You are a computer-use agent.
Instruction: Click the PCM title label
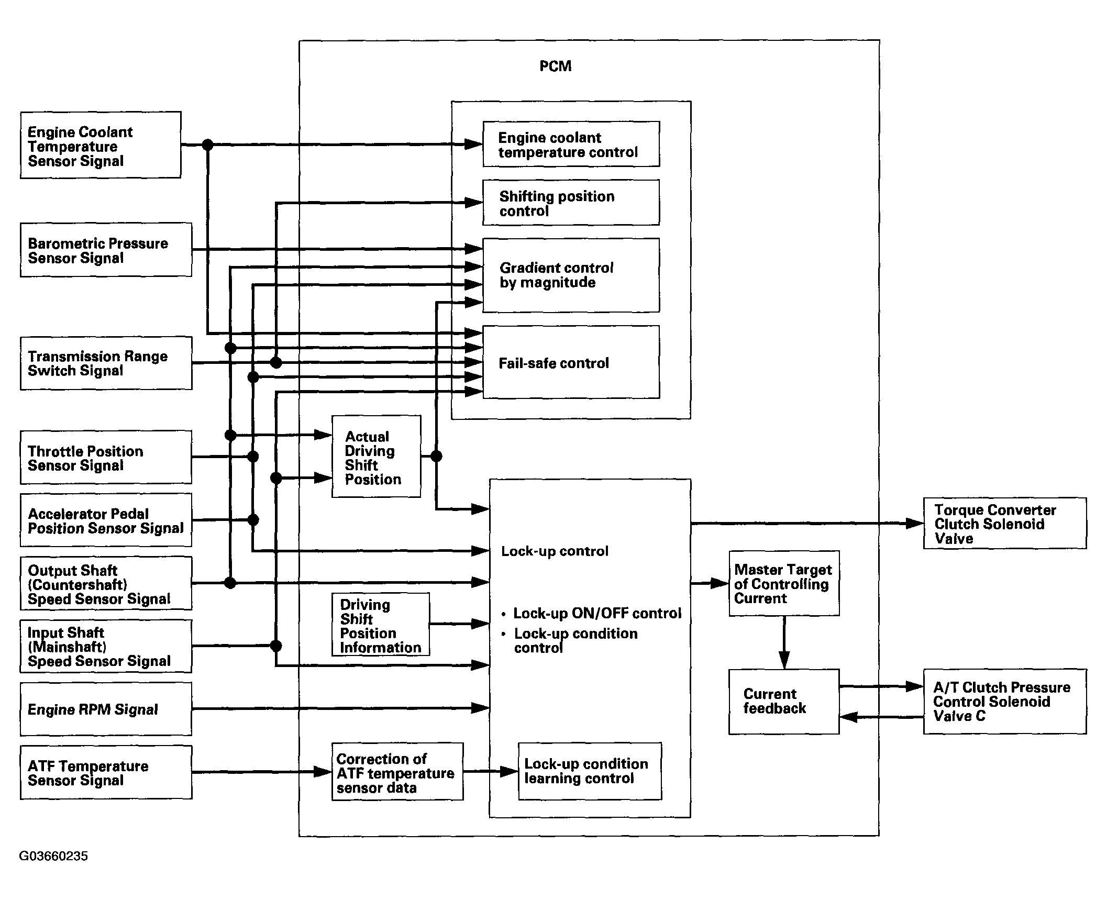point(555,66)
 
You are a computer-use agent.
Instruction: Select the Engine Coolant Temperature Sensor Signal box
point(101,145)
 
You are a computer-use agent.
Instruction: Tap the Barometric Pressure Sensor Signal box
point(106,250)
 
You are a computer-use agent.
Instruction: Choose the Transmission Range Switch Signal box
point(106,363)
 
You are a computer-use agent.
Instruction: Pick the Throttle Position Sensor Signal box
point(106,457)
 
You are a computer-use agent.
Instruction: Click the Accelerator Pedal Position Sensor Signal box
point(106,520)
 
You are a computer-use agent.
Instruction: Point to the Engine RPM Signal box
point(106,709)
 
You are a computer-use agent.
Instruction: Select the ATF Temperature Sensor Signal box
point(106,772)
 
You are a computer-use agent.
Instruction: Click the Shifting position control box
point(571,203)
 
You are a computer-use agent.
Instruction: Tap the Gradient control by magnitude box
point(571,275)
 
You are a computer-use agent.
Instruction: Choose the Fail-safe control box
point(571,362)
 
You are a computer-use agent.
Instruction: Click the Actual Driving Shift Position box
point(376,457)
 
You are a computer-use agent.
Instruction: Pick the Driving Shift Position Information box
point(381,624)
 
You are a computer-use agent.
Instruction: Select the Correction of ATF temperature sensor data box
point(397,771)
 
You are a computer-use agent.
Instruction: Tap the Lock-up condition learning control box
point(590,771)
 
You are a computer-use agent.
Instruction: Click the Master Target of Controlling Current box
point(784,583)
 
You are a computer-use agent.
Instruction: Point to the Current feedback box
point(784,702)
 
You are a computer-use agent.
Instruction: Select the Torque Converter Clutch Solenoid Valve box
point(1004,523)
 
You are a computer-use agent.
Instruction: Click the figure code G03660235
point(53,856)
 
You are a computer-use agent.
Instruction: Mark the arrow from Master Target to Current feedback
point(784,643)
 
